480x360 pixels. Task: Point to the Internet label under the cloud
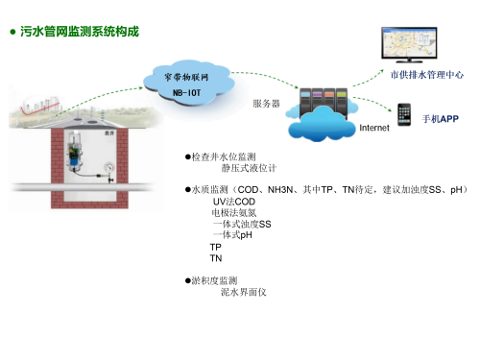(x=373, y=128)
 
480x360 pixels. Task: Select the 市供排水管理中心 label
(x=427, y=72)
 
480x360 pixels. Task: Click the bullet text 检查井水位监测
(x=223, y=156)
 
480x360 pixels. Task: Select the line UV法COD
(x=234, y=202)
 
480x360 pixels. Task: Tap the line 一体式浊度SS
(x=242, y=224)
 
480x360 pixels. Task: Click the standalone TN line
(x=216, y=258)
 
